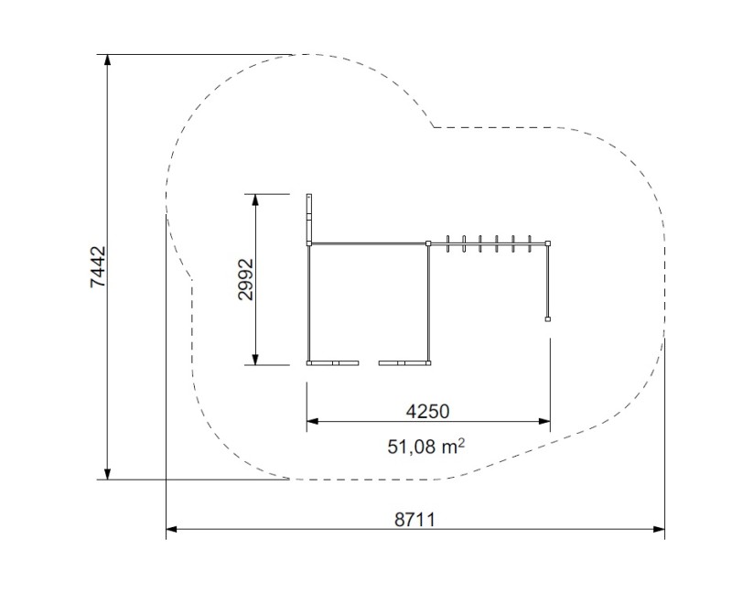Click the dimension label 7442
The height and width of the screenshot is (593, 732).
point(98,267)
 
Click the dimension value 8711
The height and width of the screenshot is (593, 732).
point(414,519)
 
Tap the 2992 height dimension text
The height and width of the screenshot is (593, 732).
point(245,279)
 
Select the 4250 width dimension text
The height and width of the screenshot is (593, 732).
point(427,412)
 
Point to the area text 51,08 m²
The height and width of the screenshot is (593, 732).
point(425,447)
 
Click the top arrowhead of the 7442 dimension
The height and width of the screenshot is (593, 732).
point(108,60)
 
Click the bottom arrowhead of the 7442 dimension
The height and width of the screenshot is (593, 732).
point(108,473)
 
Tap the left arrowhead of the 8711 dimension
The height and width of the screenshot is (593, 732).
point(172,529)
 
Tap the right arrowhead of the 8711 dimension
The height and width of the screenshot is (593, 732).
point(659,529)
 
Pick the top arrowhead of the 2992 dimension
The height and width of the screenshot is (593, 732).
point(255,199)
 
